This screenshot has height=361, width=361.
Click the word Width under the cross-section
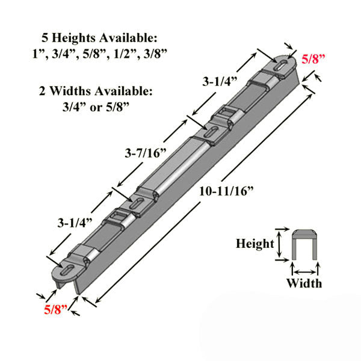(x=303, y=283)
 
